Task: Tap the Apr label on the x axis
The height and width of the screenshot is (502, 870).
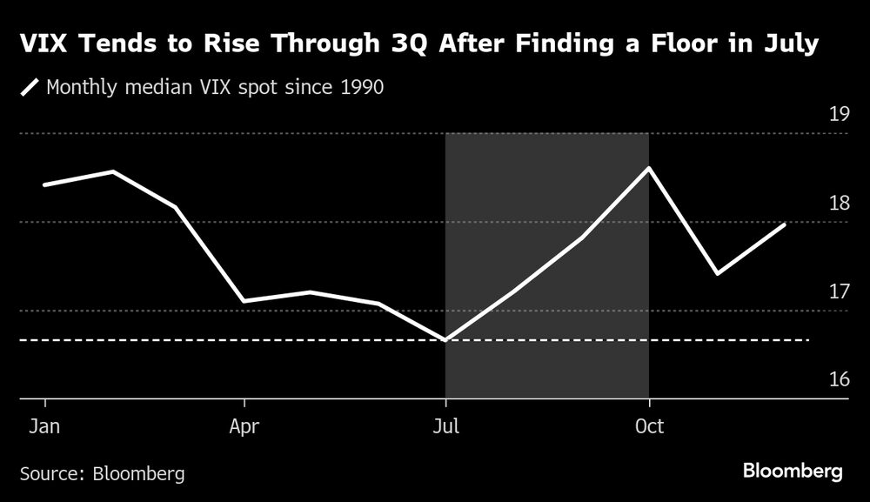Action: tap(244, 427)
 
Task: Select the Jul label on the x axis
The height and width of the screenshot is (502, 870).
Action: tap(445, 427)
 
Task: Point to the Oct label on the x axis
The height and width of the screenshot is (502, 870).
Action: tap(649, 427)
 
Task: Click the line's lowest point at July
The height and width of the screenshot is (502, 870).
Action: tap(445, 340)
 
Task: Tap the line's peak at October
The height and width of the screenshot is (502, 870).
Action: tap(649, 168)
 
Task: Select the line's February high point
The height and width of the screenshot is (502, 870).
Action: tap(113, 171)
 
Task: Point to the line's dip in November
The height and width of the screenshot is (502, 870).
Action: tap(717, 274)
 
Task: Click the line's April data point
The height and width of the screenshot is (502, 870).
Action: tap(244, 301)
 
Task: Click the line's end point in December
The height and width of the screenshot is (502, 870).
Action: tap(785, 224)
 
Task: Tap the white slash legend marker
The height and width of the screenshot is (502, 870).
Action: tap(31, 87)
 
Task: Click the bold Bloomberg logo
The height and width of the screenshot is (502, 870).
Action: tap(793, 471)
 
